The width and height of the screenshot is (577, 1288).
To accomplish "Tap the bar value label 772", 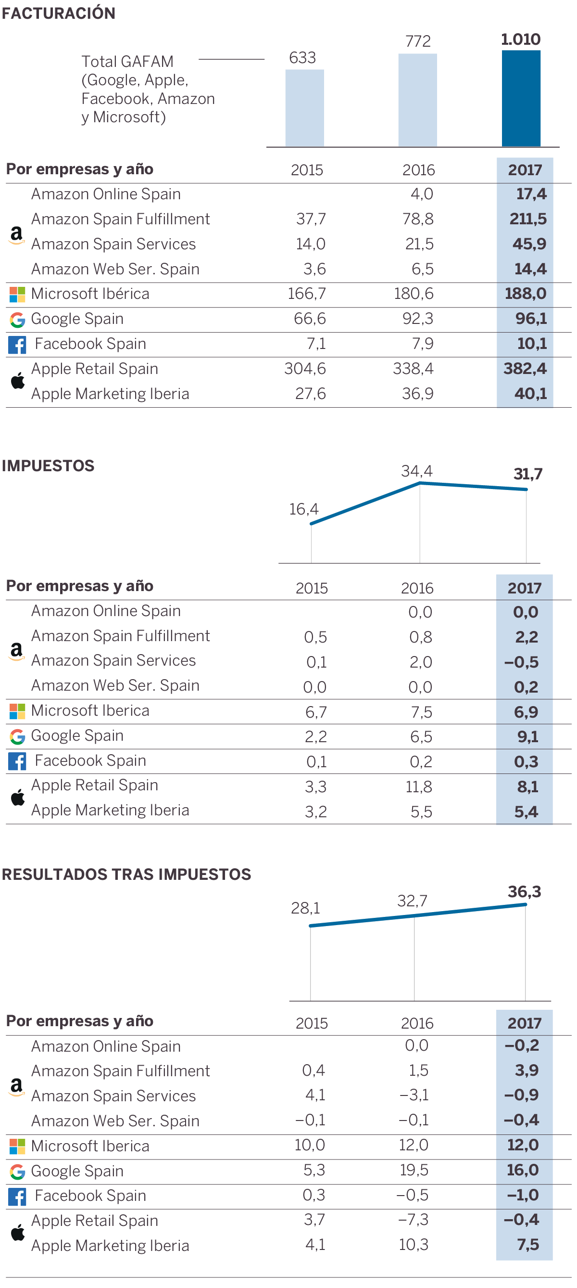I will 418,41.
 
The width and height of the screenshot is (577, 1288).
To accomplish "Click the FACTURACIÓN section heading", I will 59,13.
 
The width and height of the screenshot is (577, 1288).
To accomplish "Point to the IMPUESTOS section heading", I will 48,465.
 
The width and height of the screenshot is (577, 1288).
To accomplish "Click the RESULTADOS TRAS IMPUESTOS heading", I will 126,874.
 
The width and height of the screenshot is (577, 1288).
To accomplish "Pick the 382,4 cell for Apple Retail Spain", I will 525,369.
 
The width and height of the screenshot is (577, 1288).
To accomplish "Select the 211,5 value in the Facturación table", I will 527,219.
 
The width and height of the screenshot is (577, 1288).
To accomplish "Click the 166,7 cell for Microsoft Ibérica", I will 307,294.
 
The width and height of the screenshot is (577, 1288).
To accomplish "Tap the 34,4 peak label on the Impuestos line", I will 416,471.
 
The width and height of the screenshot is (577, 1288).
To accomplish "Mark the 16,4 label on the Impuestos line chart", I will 304,509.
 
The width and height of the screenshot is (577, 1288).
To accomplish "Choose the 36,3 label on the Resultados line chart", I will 524,891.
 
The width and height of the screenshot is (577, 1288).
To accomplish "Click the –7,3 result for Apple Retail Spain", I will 413,1220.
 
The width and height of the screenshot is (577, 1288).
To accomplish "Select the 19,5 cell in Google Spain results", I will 414,1170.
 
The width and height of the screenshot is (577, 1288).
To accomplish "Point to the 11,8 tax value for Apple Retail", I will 418,786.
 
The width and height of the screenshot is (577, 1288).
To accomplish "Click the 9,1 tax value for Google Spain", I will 527,736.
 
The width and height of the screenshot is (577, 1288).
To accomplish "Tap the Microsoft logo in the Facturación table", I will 17,294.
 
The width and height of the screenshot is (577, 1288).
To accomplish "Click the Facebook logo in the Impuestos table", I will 17,761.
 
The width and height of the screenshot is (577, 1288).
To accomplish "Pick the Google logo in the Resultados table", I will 17,1171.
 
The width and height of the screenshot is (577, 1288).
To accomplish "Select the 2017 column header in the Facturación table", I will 525,170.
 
